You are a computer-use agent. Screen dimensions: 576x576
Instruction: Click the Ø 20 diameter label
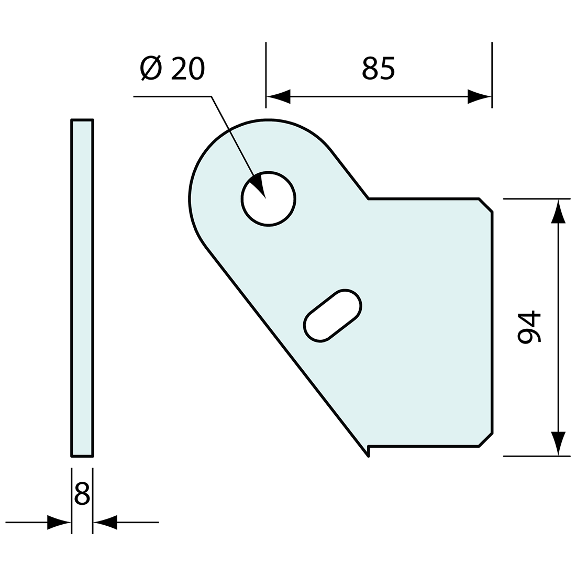coord(173,68)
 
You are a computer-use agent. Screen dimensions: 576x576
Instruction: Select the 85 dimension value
coord(378,68)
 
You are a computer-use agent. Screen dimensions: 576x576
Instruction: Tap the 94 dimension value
coord(529,327)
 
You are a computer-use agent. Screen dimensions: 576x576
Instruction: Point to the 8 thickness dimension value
coord(82,494)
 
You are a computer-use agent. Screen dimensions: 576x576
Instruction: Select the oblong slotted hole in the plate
coord(333,315)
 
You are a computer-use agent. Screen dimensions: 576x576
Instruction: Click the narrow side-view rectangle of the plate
coord(82,288)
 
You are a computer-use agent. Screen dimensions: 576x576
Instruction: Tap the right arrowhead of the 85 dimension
coord(480,96)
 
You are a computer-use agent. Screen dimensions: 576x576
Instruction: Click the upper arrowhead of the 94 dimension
coord(558,211)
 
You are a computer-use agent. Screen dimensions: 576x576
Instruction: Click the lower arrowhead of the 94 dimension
coord(558,444)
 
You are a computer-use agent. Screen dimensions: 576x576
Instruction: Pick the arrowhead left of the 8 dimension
coord(59,522)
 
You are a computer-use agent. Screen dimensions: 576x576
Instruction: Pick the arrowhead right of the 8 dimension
coord(105,522)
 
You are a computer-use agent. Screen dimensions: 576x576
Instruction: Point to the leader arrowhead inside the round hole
coord(260,186)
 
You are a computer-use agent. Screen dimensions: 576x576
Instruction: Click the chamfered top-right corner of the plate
coord(486,205)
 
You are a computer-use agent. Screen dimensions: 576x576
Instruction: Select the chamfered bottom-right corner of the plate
coord(486,440)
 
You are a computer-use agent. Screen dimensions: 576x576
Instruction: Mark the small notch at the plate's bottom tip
coord(369,451)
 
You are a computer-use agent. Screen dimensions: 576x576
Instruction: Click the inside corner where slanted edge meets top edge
coord(369,199)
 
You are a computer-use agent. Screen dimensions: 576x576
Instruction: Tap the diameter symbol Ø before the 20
coord(151,68)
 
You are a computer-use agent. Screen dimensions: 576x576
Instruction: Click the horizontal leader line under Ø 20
coord(173,96)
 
